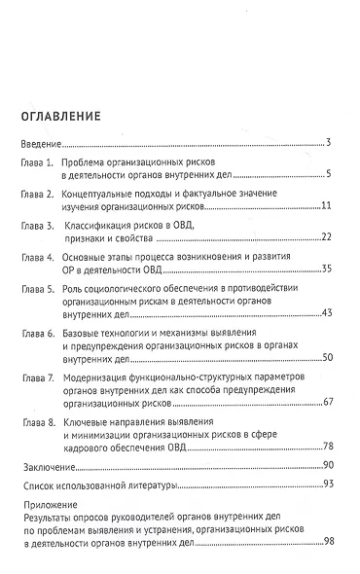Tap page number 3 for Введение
(331, 143)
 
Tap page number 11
(328, 207)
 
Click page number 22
(328, 238)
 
